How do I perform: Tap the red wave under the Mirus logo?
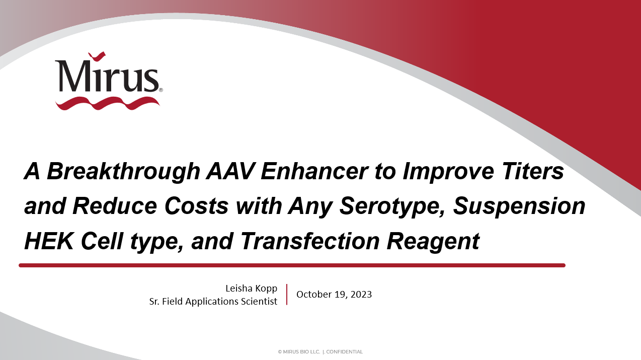coord(107,103)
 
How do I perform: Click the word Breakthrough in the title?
coord(123,172)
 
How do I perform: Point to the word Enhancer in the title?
coord(314,171)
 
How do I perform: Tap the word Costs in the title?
coord(196,206)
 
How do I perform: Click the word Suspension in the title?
coord(519,206)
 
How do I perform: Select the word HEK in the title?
coord(49,241)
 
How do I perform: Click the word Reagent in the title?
coord(433,242)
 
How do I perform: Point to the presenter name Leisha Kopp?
coord(251,289)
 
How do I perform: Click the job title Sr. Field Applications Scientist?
coord(213,301)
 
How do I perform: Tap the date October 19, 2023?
coord(334,295)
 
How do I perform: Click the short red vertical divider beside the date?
coord(287,295)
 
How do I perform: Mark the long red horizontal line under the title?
coord(292,265)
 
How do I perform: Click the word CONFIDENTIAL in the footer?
coord(344,352)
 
